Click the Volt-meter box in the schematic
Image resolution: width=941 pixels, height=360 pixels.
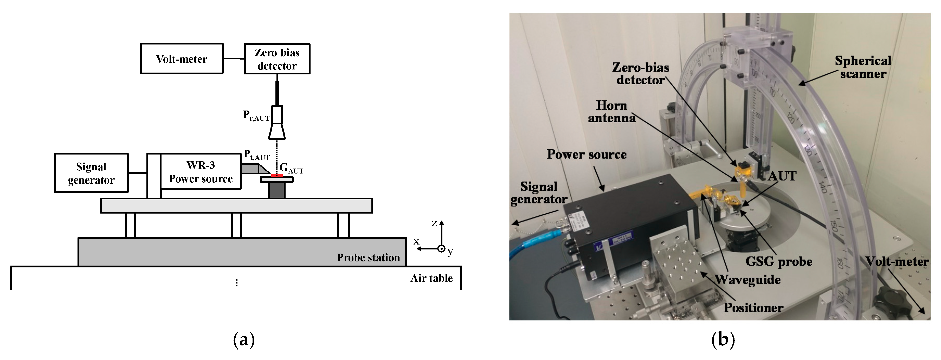[x=182, y=59]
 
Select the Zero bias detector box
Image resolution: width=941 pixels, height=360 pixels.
[x=277, y=59]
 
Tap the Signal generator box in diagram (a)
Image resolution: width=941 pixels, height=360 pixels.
[x=91, y=173]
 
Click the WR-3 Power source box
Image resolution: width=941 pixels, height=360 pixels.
[x=201, y=171]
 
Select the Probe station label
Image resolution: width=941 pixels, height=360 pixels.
[x=368, y=258]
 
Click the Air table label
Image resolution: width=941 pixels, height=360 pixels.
[x=431, y=278]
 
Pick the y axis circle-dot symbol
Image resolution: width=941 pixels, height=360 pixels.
[x=442, y=249]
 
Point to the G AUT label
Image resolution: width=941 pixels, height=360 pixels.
[x=291, y=169]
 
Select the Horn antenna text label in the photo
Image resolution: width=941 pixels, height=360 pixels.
[x=611, y=112]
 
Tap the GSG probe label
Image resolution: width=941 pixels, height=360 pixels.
[x=779, y=261]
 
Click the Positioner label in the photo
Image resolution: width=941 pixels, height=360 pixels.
[x=753, y=308]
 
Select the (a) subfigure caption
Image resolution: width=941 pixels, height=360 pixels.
[x=244, y=340]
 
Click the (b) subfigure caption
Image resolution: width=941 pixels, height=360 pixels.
[x=723, y=340]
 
